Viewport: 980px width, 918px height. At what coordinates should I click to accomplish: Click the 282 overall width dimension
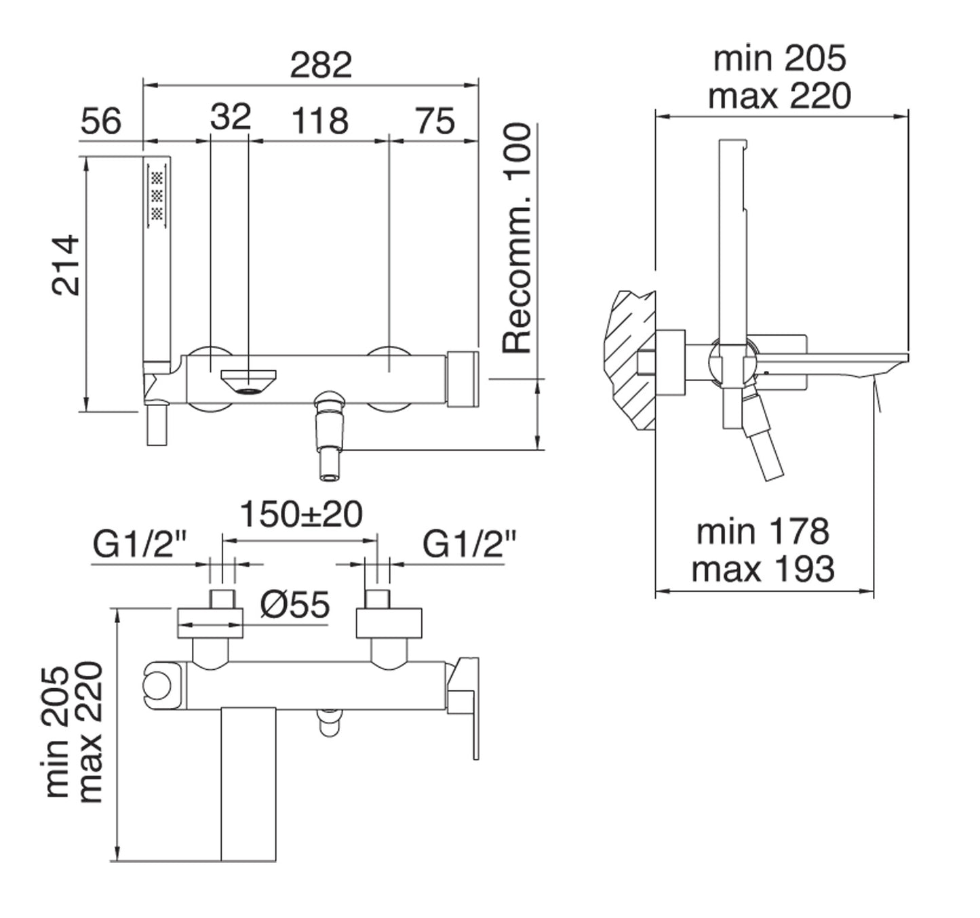point(321,64)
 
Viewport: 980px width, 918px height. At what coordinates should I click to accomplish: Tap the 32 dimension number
point(231,117)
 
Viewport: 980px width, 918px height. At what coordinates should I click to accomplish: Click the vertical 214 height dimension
point(65,266)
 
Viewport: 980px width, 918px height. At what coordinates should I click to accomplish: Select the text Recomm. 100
point(517,239)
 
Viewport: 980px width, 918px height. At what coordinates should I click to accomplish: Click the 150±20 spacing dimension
point(301,515)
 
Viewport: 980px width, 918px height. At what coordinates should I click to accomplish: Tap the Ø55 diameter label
point(295,605)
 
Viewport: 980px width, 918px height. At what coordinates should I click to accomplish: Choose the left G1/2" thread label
point(140,545)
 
